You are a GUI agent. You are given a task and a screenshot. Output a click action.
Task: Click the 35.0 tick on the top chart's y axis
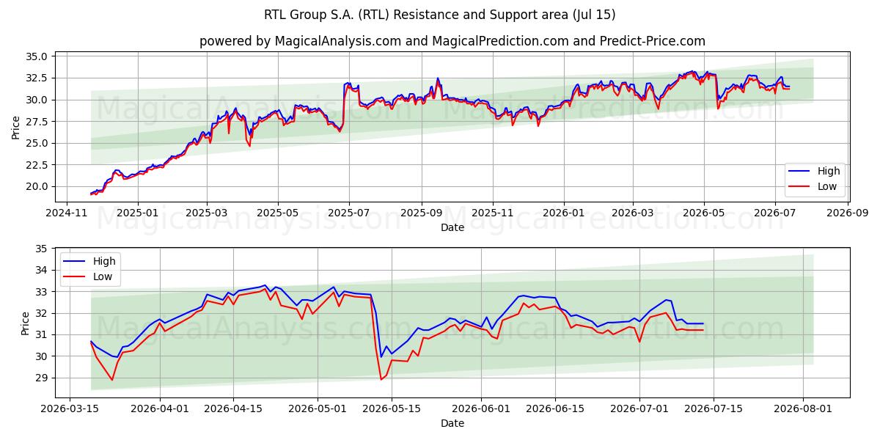coord(36,56)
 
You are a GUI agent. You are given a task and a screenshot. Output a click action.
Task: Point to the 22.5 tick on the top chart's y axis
coord(36,165)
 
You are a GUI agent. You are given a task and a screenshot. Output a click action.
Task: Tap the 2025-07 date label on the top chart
coord(349,213)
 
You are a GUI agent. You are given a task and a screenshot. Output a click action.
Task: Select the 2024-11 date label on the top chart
coord(67,213)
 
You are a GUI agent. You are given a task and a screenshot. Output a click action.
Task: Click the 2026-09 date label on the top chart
coord(848,213)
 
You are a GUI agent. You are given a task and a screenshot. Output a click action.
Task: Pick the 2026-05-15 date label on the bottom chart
coord(392,408)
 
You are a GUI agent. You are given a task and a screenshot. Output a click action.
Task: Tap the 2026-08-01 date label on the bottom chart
coord(802,408)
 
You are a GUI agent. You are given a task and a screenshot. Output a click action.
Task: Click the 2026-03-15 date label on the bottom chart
coord(70,408)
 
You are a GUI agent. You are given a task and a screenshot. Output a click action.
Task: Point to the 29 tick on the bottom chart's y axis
coord(41,378)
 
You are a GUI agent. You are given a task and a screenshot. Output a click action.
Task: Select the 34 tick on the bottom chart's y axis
coord(41,271)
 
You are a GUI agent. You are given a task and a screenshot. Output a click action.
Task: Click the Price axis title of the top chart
coord(15,128)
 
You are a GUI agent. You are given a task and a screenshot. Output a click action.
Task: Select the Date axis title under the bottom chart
coord(452,423)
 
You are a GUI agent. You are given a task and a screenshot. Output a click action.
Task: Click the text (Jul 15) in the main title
coord(594,15)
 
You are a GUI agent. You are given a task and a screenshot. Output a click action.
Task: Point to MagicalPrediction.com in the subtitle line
coord(500,41)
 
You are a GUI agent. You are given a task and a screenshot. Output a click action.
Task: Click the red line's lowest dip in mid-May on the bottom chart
coord(381,380)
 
